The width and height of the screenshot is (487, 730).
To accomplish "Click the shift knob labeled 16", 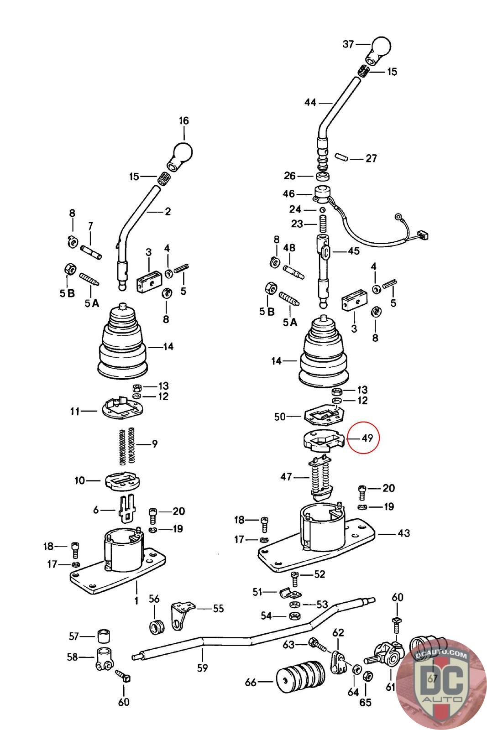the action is click(180, 155).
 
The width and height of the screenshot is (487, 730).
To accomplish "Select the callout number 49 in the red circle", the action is click(367, 438).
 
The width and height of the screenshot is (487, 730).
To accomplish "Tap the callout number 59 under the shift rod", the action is click(202, 668).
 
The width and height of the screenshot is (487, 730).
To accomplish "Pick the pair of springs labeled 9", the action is click(126, 445).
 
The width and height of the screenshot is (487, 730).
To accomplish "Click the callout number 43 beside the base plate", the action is click(403, 533).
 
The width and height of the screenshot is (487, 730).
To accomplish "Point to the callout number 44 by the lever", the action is click(310, 102).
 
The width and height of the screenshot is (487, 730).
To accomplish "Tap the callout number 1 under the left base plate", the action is click(136, 600).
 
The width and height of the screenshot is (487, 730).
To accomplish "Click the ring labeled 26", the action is click(323, 176).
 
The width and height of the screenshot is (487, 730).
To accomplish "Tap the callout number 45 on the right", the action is click(353, 250).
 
